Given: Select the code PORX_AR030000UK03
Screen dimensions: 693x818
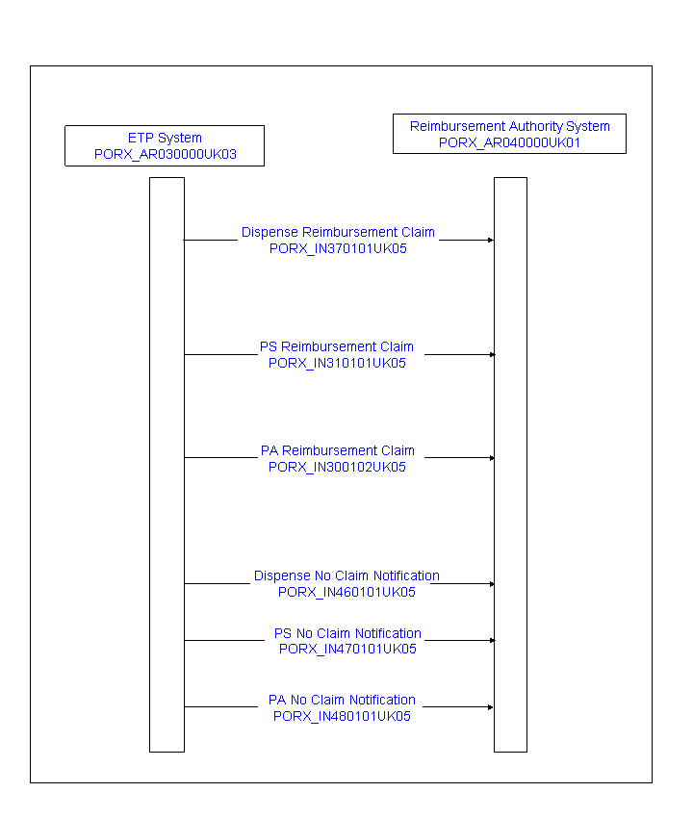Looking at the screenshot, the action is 166,154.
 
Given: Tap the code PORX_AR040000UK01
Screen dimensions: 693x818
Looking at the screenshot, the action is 509,143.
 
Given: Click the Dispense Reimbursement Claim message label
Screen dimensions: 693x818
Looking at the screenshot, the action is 338,232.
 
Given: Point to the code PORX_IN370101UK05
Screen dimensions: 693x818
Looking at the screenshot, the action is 338,249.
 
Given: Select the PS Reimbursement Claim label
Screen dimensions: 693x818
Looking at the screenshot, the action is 337,346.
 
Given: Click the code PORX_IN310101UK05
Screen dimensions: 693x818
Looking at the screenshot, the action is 337,363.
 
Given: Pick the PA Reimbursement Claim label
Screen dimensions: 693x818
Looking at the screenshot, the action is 338,450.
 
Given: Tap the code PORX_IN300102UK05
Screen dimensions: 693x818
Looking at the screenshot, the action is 337,467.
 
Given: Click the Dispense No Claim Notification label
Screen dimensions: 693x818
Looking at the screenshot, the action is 346,575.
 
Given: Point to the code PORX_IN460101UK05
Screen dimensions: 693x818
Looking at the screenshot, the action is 346,592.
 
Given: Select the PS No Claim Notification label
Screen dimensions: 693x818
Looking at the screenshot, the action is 347,633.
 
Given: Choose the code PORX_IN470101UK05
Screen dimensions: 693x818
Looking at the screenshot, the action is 347,649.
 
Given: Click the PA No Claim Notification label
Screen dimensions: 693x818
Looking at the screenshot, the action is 342,700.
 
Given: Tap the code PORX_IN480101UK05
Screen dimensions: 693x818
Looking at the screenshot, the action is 342,716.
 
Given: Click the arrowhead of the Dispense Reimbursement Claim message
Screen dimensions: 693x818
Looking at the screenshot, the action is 491,240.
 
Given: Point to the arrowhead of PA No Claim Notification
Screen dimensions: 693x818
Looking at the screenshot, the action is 491,707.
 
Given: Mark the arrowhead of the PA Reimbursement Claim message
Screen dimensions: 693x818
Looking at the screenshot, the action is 492,458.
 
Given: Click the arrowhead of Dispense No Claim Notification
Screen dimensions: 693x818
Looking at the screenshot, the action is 492,584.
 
